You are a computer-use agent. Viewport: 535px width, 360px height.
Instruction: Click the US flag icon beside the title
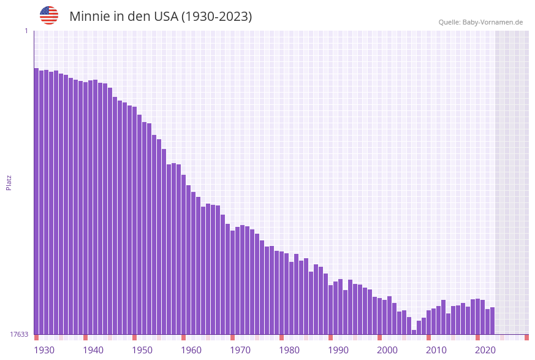(x=49, y=15)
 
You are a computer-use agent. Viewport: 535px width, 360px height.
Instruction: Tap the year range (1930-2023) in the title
(x=216, y=17)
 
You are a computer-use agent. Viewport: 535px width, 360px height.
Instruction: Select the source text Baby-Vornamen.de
(x=492, y=22)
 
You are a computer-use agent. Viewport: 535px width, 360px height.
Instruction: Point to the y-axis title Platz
(x=9, y=182)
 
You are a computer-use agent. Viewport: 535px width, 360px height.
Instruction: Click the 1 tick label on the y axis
(x=26, y=31)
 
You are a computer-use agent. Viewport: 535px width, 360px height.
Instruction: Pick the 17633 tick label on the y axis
(x=19, y=334)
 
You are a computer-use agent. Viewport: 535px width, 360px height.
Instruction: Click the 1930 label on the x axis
(x=44, y=350)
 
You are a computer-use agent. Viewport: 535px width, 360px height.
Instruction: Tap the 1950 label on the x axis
(x=142, y=350)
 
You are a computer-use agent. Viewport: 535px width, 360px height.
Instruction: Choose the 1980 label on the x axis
(x=289, y=350)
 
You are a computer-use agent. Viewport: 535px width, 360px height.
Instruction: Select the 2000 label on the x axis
(x=387, y=350)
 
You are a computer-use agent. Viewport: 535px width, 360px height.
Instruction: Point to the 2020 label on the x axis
(x=485, y=350)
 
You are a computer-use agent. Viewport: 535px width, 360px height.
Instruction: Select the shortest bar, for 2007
(x=414, y=332)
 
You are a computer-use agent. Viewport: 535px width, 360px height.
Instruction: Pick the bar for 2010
(x=428, y=322)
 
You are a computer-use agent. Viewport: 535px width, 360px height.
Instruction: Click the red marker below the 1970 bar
(x=232, y=337)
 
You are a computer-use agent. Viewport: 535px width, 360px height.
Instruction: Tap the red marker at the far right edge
(x=526, y=337)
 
